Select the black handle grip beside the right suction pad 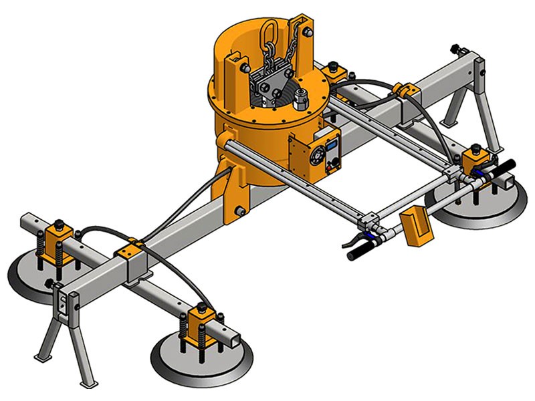point(502,166)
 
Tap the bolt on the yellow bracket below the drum point(239,213)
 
